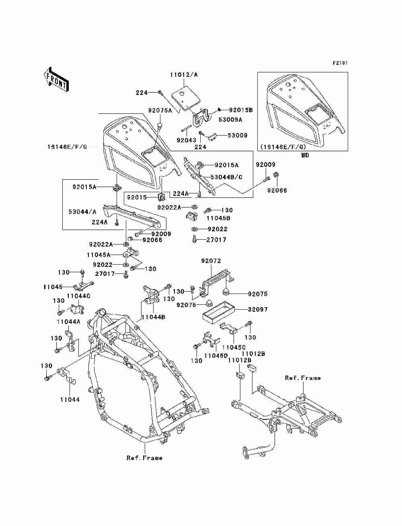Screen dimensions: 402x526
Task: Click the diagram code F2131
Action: click(340, 63)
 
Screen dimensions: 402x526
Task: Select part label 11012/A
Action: click(184, 75)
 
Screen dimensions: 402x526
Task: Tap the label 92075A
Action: click(160, 110)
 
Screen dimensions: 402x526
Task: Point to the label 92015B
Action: click(241, 110)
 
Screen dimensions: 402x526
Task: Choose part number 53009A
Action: click(230, 119)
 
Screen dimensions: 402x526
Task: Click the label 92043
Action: click(187, 140)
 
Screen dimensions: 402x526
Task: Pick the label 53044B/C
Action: click(226, 177)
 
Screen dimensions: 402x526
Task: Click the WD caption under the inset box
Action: click(305, 155)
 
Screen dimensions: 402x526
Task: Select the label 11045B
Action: click(219, 218)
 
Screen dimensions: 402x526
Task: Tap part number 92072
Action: click(211, 261)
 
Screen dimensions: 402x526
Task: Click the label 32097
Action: click(258, 309)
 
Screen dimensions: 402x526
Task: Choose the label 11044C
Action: click(78, 296)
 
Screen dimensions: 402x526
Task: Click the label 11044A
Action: click(68, 322)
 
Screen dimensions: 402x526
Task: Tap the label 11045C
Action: click(234, 347)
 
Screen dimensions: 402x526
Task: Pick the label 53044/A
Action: click(82, 212)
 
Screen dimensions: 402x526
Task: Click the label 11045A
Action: click(99, 255)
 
